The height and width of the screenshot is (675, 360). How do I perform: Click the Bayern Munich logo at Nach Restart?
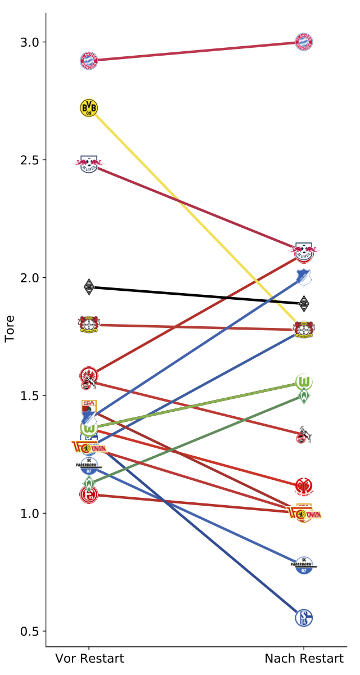click(304, 42)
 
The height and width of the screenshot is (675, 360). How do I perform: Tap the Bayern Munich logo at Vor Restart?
click(89, 60)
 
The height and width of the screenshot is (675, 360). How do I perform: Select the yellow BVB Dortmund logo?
click(89, 107)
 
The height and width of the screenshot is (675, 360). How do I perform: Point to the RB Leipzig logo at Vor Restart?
click(89, 164)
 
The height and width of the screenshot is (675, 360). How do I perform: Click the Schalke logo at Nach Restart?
click(304, 618)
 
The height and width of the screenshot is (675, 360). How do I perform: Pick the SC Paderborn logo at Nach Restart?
click(304, 565)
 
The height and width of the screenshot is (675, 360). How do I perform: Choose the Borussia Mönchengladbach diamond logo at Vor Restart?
click(89, 287)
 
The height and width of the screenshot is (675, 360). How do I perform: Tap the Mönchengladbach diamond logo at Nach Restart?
click(304, 304)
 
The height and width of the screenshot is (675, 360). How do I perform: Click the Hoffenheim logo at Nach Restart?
click(304, 277)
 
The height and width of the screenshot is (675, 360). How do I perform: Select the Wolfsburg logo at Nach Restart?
click(304, 382)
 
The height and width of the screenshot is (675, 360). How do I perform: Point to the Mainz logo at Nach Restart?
click(304, 486)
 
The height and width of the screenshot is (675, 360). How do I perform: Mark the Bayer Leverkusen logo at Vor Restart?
click(89, 325)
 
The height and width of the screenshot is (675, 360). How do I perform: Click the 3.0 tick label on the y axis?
click(30, 42)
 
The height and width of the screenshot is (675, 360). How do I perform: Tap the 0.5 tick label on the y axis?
click(30, 631)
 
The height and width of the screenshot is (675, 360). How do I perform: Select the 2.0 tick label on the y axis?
click(30, 278)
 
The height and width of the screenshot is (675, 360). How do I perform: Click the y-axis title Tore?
click(10, 328)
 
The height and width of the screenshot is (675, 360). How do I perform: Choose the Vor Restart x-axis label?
click(89, 659)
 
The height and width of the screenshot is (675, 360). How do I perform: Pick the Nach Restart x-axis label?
click(304, 659)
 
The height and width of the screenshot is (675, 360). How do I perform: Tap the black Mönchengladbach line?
click(197, 295)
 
